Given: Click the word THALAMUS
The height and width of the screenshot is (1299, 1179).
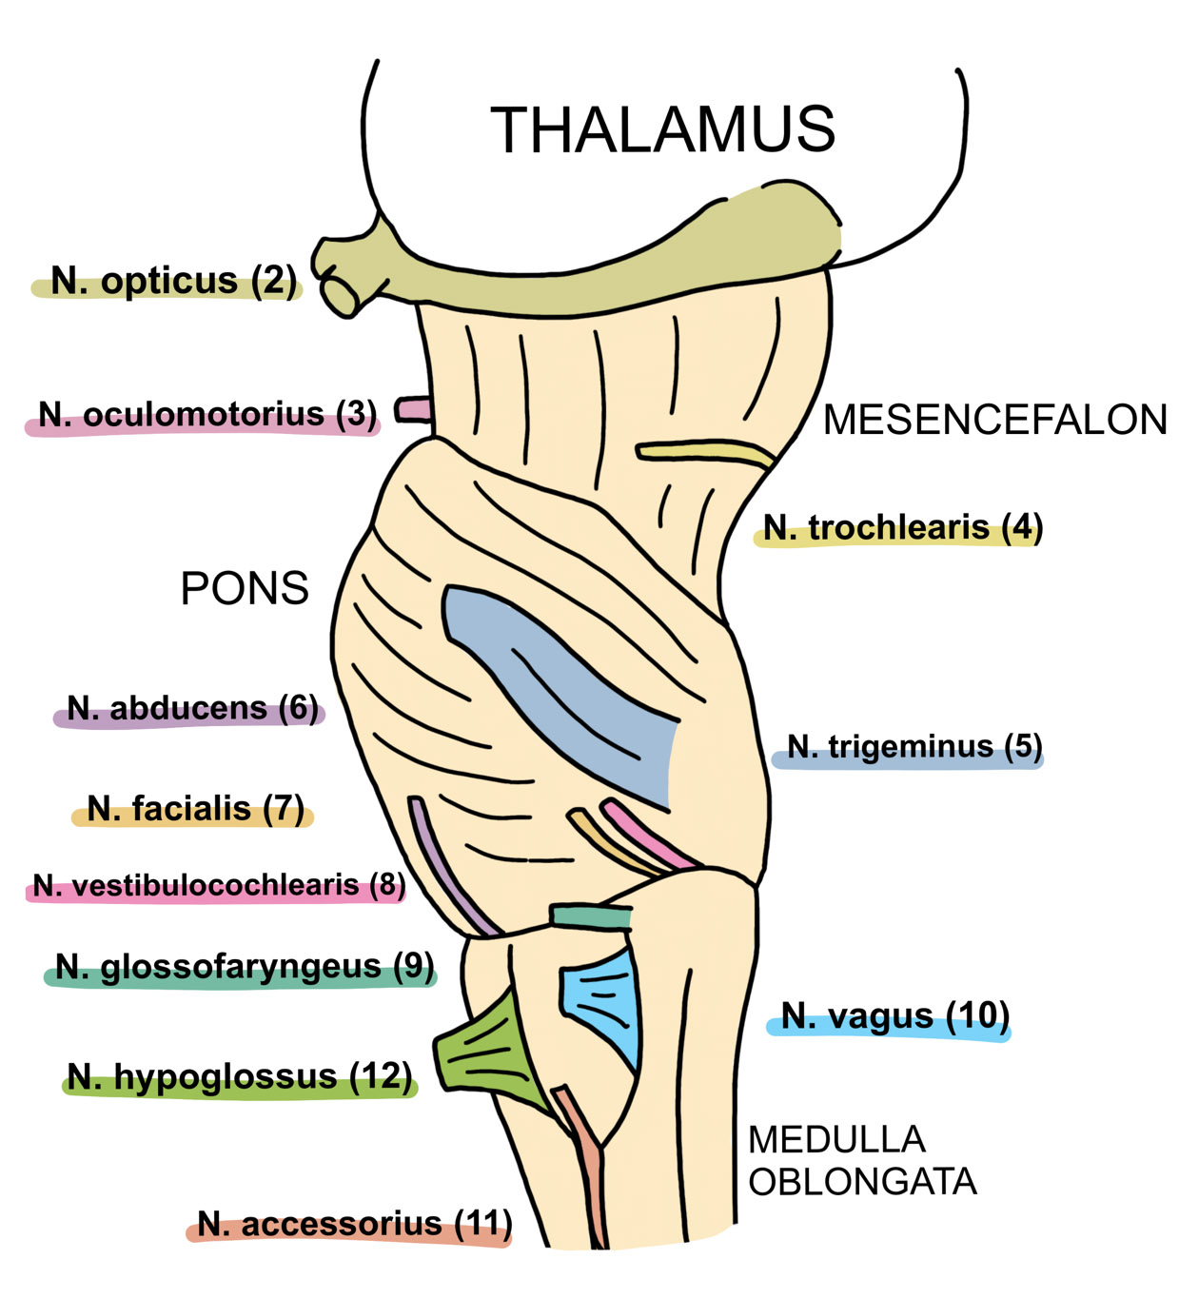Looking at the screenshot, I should click(662, 130).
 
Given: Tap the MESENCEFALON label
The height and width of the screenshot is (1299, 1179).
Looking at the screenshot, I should click(994, 420).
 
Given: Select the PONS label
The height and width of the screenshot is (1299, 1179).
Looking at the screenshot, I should click(245, 589).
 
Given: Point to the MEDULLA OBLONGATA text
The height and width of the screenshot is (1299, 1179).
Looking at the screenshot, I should click(861, 1161).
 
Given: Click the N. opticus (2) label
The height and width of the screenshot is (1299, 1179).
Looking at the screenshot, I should click(172, 282).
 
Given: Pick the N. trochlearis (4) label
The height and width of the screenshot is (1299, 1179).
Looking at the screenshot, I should click(902, 528).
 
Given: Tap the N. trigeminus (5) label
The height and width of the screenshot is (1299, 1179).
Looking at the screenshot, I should click(914, 748).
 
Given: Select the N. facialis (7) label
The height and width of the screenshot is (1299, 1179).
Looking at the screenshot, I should click(195, 810).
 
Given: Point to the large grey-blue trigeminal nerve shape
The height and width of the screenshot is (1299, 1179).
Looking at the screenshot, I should click(571, 685).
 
